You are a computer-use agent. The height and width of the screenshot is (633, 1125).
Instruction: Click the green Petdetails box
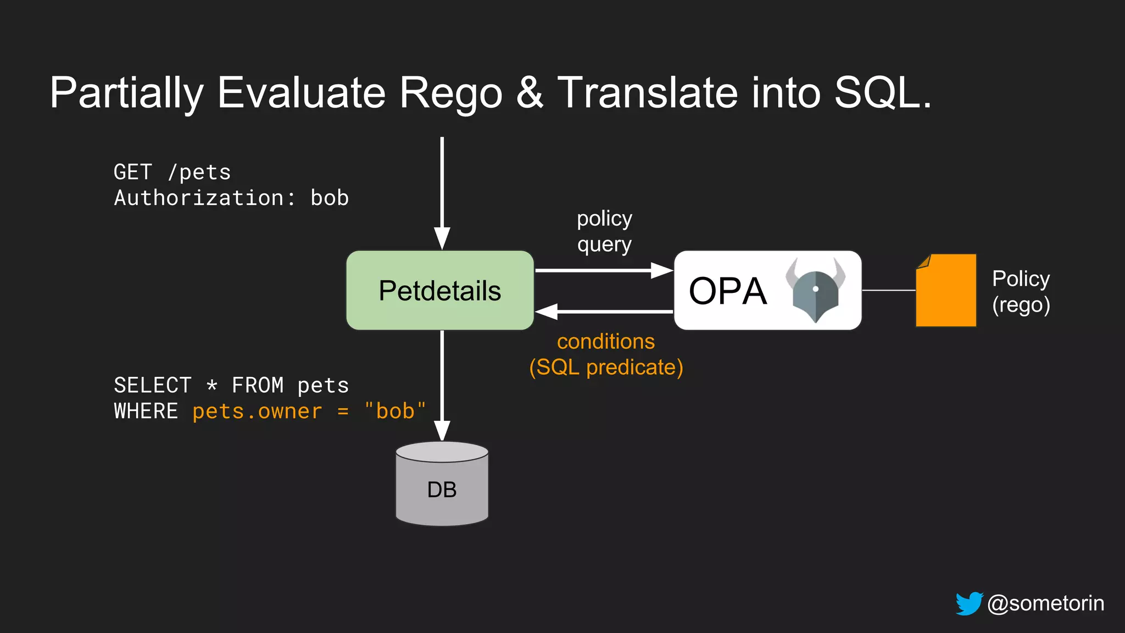pos(440,291)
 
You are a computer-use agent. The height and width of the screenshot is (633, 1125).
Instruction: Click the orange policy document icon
pos(946,291)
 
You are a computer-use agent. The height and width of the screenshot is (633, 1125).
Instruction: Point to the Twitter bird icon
pos(969,603)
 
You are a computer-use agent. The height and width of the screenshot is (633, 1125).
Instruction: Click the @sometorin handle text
pos(1045,603)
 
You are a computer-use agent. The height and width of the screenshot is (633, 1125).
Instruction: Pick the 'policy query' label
pos(604,231)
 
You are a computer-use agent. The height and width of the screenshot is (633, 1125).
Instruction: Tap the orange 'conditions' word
pos(606,342)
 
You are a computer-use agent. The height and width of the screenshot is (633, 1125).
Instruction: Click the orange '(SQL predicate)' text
pos(606,367)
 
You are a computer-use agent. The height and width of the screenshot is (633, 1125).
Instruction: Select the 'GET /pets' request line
pos(172,173)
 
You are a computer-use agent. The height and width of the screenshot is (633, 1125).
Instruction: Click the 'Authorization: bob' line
pos(231,198)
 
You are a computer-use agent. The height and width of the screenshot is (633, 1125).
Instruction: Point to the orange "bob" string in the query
pos(395,411)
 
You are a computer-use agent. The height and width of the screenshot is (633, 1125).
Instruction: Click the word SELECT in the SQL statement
pos(153,385)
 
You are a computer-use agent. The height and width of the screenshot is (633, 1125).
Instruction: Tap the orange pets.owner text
pos(257,411)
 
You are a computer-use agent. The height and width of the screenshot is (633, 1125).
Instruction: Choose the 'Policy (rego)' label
pos(1021,291)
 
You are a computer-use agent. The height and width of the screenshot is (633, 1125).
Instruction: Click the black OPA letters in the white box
pos(727,291)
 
